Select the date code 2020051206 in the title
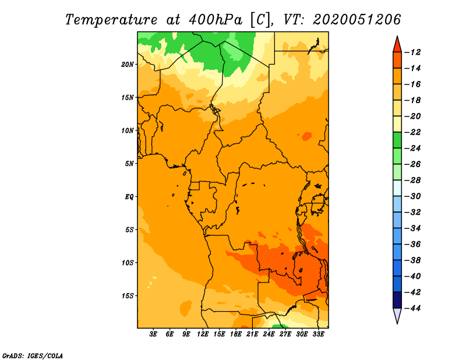357,19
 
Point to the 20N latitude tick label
128,64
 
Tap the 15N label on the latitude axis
128,97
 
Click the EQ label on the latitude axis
129,197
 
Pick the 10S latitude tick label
128,263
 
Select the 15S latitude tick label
128,296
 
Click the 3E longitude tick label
154,335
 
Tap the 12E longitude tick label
203,335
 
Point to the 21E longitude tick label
252,335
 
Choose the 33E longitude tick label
318,335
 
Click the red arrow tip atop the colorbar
397,43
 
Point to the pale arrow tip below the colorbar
397,316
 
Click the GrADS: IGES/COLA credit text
33,355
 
